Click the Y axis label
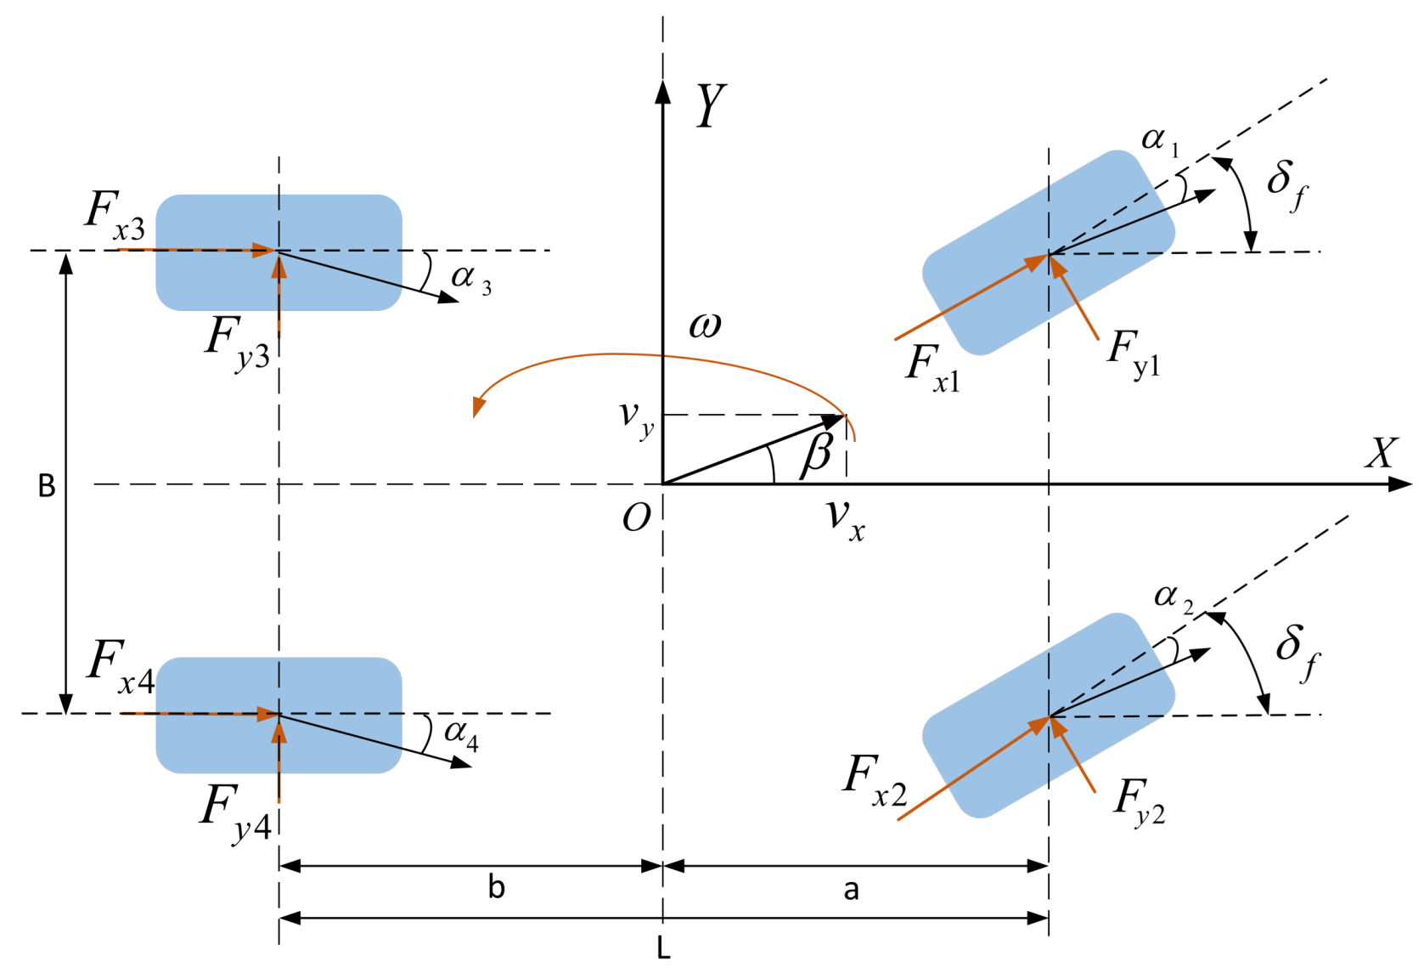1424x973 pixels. tap(711, 106)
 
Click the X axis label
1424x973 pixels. tap(1381, 454)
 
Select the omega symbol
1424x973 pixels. tap(705, 325)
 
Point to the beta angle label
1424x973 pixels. tap(817, 452)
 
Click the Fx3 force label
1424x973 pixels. tap(115, 214)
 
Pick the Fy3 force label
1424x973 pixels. tap(237, 342)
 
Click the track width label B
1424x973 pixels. tap(47, 486)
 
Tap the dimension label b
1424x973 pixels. tap(497, 888)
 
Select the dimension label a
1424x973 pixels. tap(851, 890)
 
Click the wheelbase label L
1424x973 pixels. tap(664, 948)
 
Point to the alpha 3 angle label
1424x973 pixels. tap(470, 278)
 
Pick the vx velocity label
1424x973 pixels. tap(846, 518)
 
